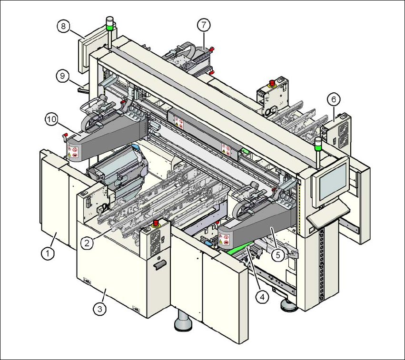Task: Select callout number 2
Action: point(87,243)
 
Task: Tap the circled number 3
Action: point(99,309)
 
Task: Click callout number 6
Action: point(334,99)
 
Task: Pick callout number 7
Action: point(203,23)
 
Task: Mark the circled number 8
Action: point(63,26)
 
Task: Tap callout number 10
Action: point(51,119)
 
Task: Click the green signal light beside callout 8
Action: point(109,27)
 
